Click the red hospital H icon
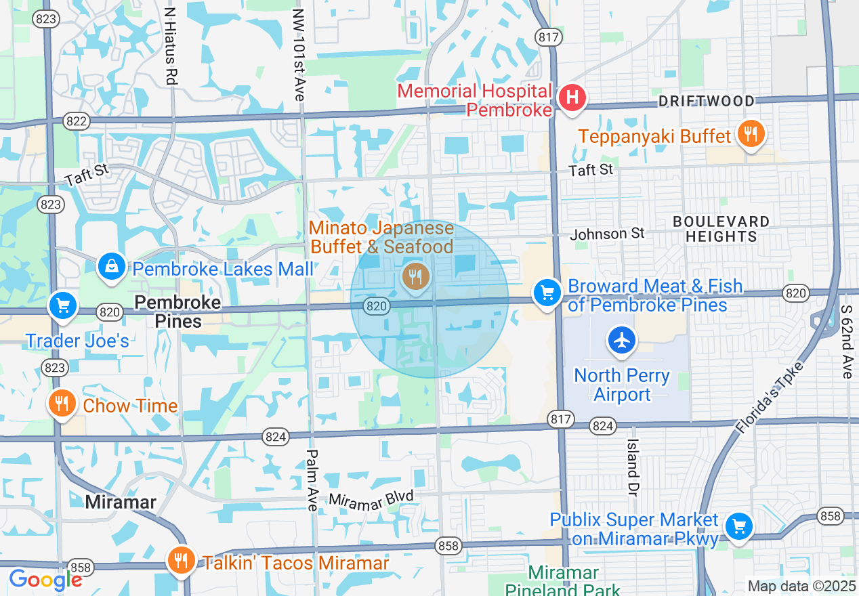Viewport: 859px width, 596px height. pos(572,98)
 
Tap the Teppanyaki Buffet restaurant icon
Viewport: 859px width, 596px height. pos(751,135)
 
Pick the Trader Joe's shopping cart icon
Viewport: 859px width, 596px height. pos(63,305)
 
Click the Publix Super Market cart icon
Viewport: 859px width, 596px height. pos(738,526)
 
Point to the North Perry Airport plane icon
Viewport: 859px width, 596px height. pos(622,340)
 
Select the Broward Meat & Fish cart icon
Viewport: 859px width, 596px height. pos(547,293)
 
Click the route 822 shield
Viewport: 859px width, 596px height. pos(76,121)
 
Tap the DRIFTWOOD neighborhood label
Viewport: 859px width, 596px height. pos(707,102)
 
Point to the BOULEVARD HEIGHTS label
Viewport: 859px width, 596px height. pos(721,229)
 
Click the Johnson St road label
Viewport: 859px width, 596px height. pos(607,234)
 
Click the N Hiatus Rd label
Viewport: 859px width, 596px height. pos(171,46)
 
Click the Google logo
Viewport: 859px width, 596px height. pos(45,580)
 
